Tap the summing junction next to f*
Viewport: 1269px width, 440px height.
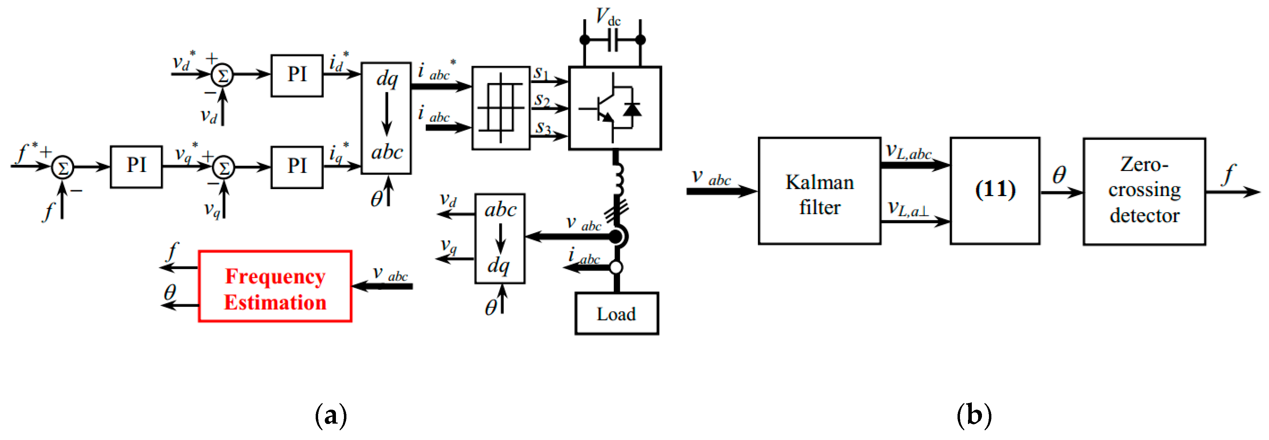pyautogui.click(x=63, y=168)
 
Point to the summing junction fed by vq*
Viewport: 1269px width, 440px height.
pyautogui.click(x=223, y=168)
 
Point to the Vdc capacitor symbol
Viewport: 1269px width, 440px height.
pyautogui.click(x=613, y=40)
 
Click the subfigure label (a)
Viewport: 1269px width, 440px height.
pyautogui.click(x=331, y=416)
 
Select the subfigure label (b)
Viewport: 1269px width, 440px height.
pyautogui.click(x=974, y=416)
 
